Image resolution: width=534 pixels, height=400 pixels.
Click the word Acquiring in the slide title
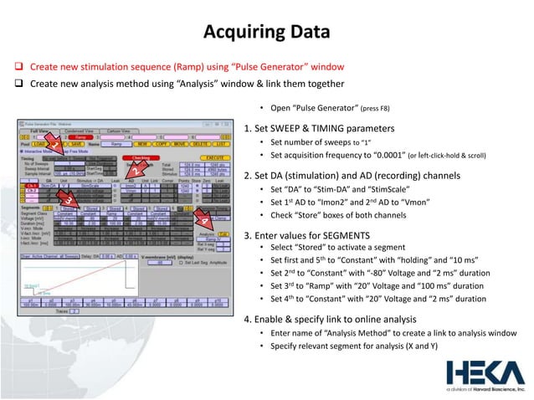[x=237, y=33]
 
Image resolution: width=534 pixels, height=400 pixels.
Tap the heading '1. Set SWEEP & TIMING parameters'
[x=317, y=129]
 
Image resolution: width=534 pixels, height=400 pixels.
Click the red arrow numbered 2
[x=134, y=171]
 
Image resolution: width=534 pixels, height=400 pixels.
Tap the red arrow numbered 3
[x=63, y=201]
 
